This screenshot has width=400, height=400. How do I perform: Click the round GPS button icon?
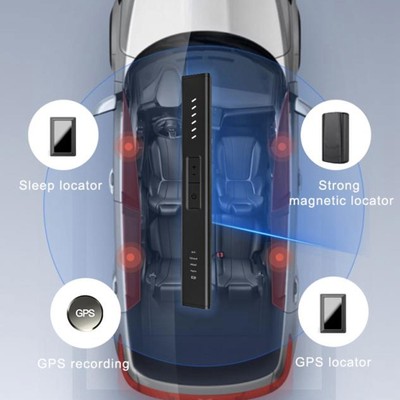point(85,313)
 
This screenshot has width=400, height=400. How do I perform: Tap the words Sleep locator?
point(60,185)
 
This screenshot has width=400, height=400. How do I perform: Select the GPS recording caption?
point(83,363)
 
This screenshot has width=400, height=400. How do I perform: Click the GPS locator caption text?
point(333,362)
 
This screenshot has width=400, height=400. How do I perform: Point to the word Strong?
point(339,186)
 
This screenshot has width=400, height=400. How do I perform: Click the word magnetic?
point(314,201)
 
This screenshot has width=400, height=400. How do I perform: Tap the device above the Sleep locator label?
point(63,136)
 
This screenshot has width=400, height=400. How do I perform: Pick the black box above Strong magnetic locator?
point(335,138)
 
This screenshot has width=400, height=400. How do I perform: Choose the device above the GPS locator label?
point(333,313)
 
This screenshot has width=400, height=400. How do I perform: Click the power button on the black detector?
point(194,196)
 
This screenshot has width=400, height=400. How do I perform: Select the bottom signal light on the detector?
point(194,137)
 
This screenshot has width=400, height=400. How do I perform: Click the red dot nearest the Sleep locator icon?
point(129,147)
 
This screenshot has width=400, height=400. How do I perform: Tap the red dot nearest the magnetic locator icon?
point(282,146)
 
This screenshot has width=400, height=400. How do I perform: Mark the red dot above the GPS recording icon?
point(131,257)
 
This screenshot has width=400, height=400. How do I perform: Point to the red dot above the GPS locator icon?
point(279,257)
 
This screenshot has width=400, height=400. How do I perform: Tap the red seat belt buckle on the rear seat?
point(220,254)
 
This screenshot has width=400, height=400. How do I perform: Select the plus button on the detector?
point(194,165)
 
